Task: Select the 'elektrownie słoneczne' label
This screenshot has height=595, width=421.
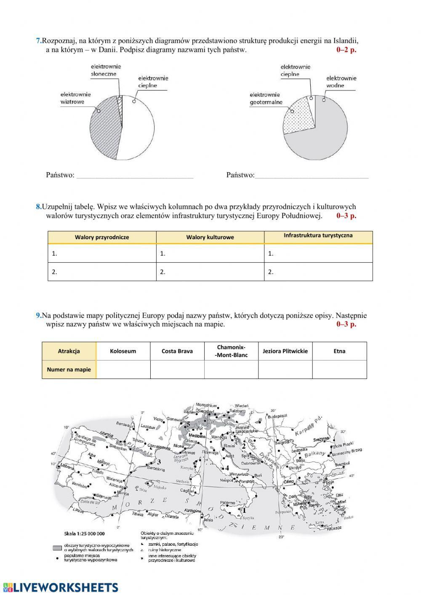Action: pyautogui.click(x=106, y=70)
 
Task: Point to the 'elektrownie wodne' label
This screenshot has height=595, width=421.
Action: pyautogui.click(x=341, y=82)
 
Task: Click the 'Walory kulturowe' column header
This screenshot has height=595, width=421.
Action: pyautogui.click(x=210, y=237)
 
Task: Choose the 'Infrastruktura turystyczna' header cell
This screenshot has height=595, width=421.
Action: pyautogui.click(x=318, y=236)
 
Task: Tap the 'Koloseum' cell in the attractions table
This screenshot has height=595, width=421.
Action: pyautogui.click(x=123, y=351)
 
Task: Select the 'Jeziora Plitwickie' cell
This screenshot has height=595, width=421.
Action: pyautogui.click(x=285, y=351)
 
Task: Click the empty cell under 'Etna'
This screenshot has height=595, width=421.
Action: pyautogui.click(x=339, y=370)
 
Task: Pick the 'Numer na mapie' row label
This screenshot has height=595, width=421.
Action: pyautogui.click(x=69, y=370)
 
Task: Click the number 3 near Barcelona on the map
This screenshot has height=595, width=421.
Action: pyautogui.click(x=159, y=462)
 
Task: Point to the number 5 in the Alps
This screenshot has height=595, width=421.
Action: pyautogui.click(x=188, y=424)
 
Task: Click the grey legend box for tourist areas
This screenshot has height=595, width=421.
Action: pyautogui.click(x=58, y=548)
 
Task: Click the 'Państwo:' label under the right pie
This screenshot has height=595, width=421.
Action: pyautogui.click(x=240, y=175)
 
